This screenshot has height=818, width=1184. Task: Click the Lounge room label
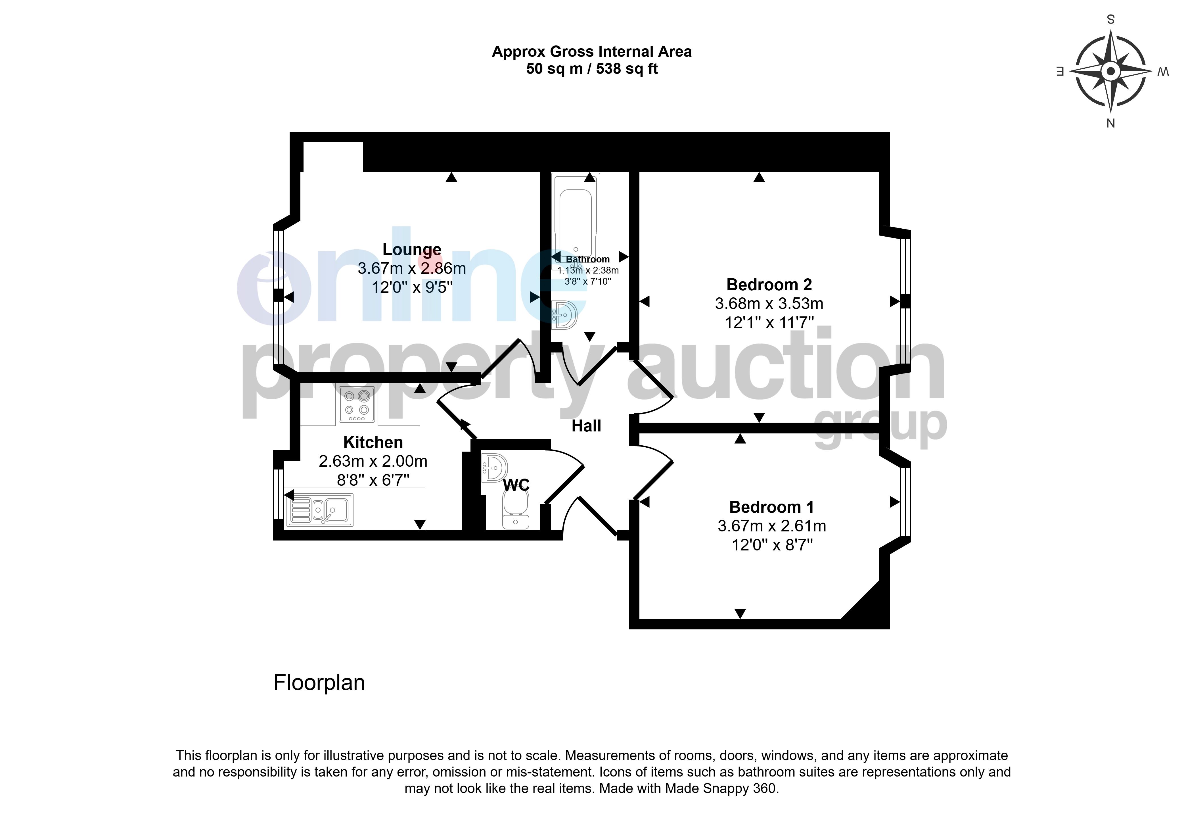[x=412, y=250]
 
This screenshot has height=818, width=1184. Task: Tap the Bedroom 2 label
[x=769, y=285]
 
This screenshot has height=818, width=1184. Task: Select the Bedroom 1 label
[x=771, y=507]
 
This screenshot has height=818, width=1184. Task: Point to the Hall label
[x=586, y=426]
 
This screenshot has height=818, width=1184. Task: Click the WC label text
[x=516, y=485]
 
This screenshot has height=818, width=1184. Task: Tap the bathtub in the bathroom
[x=575, y=222]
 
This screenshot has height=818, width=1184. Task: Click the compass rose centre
[x=1110, y=71]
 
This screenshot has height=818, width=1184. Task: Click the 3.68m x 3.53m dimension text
[x=769, y=303]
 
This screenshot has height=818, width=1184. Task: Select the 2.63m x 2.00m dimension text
[x=373, y=461]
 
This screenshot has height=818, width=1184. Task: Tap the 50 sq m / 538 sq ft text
[x=592, y=69]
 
